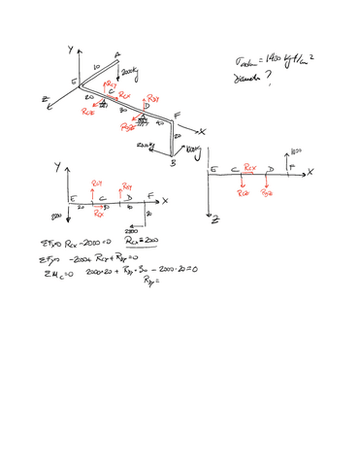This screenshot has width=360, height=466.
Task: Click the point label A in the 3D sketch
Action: pos(117,54)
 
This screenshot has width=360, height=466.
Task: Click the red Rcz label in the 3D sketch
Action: pos(87,112)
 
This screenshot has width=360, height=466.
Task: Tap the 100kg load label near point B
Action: pos(191,148)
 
